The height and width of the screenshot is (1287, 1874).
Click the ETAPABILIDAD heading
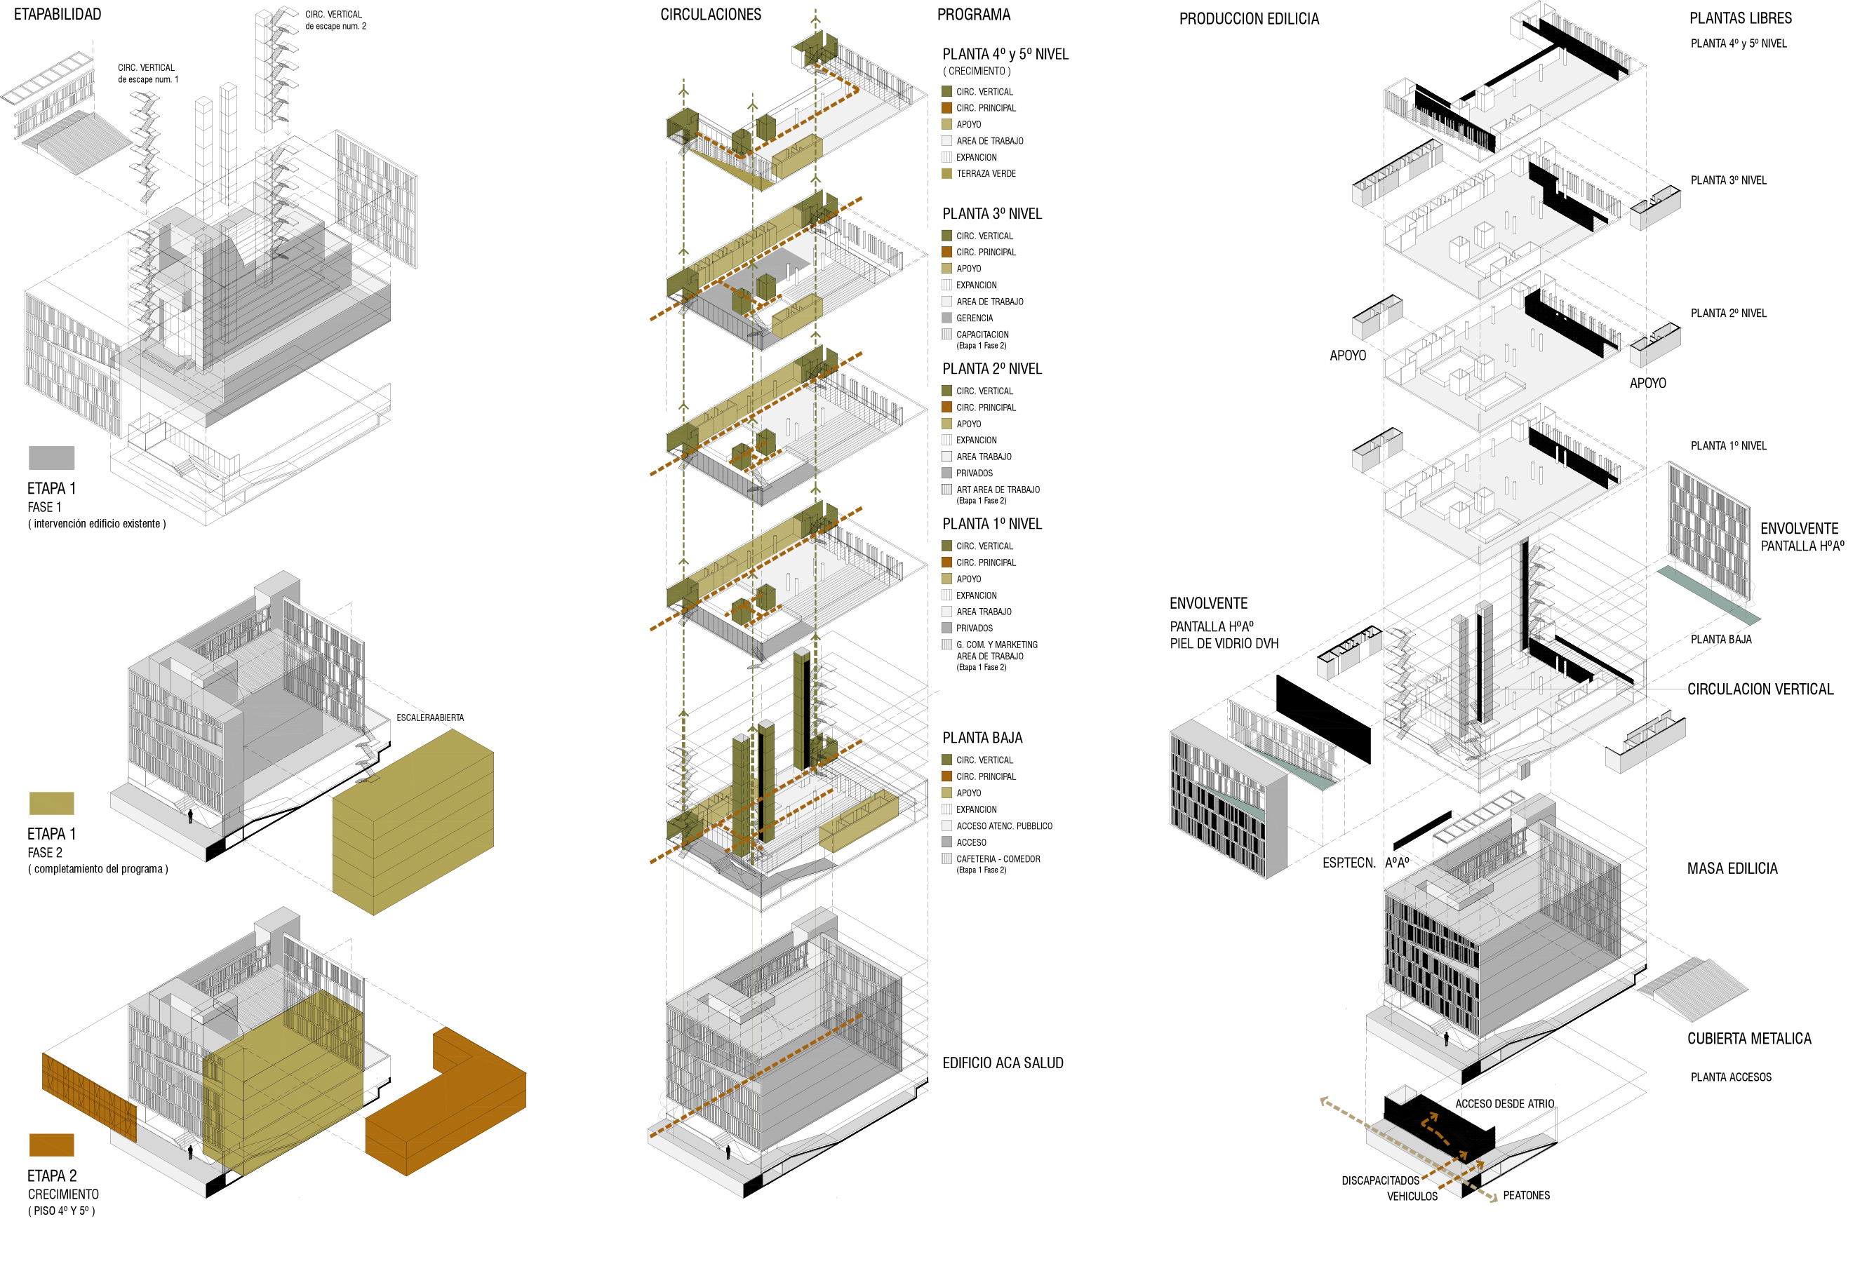click(58, 15)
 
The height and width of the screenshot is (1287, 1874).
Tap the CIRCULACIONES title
click(710, 15)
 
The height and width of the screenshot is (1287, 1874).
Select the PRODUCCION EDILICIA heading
click(1248, 18)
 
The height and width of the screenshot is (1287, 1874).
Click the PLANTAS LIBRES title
click(1740, 18)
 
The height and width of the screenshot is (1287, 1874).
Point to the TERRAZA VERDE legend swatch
click(946, 173)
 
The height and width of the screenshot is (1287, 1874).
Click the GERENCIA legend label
click(974, 318)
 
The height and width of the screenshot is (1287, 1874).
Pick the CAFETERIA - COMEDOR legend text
click(997, 858)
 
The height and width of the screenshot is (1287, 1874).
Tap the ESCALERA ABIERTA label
click(429, 717)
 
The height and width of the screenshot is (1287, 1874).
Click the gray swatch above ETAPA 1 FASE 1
click(52, 457)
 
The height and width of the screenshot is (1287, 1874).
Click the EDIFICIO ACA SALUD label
click(1002, 1063)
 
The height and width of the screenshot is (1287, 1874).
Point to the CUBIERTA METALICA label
click(1748, 1039)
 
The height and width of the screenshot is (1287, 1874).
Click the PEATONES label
click(1525, 1195)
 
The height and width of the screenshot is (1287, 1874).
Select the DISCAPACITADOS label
click(1379, 1180)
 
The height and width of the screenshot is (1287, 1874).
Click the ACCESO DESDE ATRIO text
click(1504, 1103)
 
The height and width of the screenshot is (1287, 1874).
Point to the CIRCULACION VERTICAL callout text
click(1760, 689)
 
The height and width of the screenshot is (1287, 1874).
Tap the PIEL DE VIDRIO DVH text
click(1223, 644)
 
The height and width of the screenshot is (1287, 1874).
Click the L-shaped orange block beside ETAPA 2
click(452, 1105)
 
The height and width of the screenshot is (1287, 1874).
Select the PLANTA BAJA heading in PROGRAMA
click(982, 738)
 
